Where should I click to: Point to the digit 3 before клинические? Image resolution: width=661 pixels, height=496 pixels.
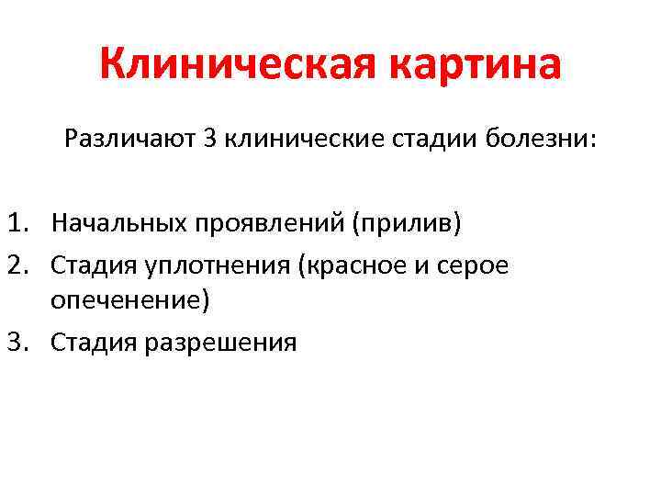point(209,140)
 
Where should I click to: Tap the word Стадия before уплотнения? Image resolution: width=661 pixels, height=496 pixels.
point(94,265)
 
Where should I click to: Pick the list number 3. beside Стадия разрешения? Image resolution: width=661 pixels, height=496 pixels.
point(22,344)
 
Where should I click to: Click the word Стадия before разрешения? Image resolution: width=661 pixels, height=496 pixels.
point(94,344)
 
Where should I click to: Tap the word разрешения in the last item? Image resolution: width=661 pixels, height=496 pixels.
point(220,344)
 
